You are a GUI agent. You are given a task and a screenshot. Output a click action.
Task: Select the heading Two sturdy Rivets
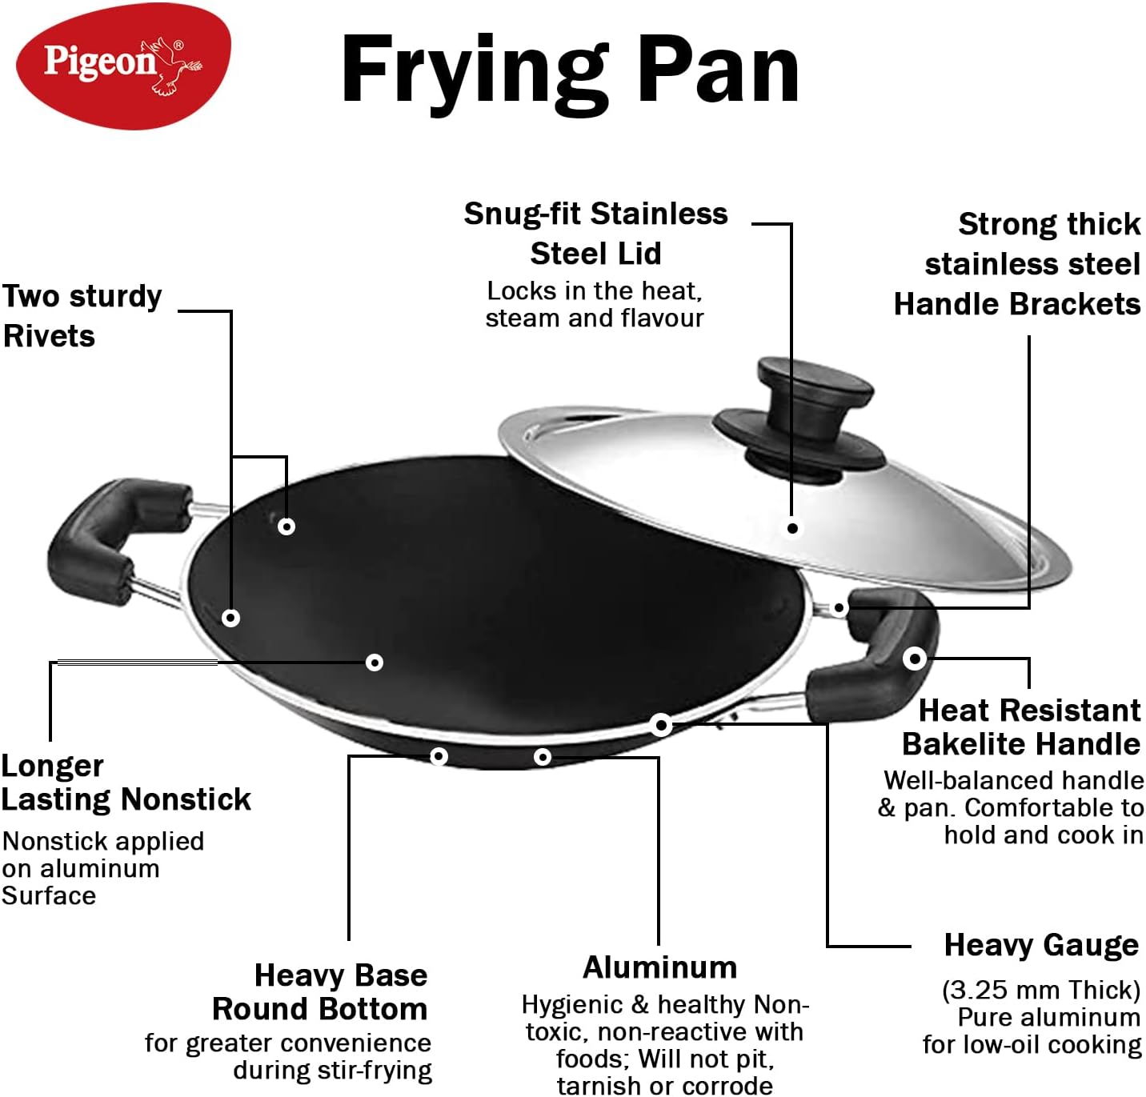(x=82, y=316)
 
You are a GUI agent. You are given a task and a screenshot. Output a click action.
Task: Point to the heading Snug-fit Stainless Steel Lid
(x=595, y=234)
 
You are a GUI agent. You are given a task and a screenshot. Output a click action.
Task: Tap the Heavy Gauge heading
(x=1041, y=945)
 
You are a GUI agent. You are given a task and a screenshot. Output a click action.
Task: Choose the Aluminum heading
(x=659, y=967)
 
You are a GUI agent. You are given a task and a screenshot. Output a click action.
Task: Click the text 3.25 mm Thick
(x=1040, y=990)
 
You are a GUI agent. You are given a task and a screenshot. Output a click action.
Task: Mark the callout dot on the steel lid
(x=792, y=528)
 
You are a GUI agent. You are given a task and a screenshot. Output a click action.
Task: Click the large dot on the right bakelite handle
(x=915, y=659)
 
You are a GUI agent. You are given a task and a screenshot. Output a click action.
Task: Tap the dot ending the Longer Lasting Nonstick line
(x=374, y=663)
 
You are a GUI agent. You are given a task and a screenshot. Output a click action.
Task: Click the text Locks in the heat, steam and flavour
(x=594, y=304)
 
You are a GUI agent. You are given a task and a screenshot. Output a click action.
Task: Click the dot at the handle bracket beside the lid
(x=839, y=608)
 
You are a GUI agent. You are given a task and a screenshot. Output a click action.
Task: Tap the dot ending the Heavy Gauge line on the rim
(x=661, y=725)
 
